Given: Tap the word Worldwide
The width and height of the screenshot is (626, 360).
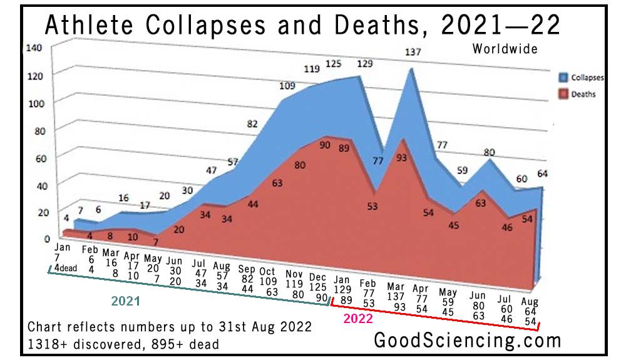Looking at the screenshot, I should pyautogui.click(x=505, y=49).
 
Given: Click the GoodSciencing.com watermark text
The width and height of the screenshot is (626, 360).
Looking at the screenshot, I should pyautogui.click(x=467, y=341).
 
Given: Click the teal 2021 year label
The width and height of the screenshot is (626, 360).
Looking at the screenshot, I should pyautogui.click(x=125, y=301).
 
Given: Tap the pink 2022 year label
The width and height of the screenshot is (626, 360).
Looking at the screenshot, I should pyautogui.click(x=358, y=318).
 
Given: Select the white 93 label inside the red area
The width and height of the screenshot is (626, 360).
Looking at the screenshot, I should pyautogui.click(x=401, y=158).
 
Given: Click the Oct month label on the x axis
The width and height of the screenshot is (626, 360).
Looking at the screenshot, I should pyautogui.click(x=268, y=271).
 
